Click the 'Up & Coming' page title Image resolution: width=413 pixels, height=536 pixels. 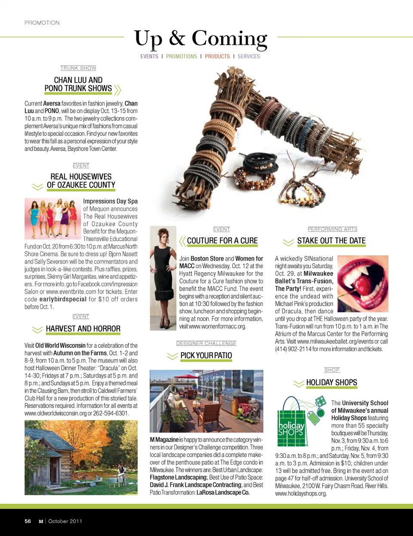point(200,38)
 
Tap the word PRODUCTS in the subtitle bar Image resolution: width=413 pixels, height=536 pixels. point(217,56)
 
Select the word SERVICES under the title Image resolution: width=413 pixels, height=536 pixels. point(249,56)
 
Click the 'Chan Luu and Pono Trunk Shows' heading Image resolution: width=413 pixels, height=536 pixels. point(78,84)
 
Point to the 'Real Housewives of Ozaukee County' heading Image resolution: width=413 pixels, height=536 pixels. point(81,181)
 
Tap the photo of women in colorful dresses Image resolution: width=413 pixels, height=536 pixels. point(52,218)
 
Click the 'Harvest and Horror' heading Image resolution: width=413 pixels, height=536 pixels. point(83,329)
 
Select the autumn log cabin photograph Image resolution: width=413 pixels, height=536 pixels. point(81,457)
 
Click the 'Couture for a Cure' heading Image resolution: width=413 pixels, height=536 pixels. point(222,241)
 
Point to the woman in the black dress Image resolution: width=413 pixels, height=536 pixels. point(163,278)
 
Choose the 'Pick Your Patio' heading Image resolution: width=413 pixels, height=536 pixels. point(206,356)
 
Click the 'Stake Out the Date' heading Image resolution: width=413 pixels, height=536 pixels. point(331,241)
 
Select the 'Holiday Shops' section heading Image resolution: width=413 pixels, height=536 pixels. point(331,383)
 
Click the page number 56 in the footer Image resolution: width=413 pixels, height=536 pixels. point(28,521)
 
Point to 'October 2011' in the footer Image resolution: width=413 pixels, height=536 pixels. point(65,521)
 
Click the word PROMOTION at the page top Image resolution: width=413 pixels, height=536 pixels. point(42,23)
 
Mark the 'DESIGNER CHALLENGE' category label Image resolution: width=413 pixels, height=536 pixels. point(206,344)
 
